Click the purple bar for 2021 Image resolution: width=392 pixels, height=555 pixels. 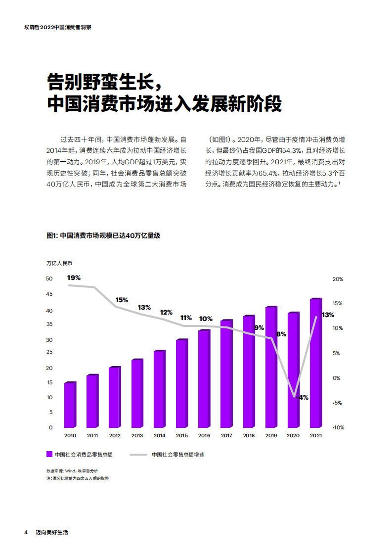pos(315,364)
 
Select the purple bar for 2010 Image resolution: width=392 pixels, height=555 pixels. pos(70,406)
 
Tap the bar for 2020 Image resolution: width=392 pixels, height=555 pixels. pos(293,370)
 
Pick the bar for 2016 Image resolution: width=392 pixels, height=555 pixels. pos(204,379)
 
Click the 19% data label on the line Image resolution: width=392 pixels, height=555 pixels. pos(74,277)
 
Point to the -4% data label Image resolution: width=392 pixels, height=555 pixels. pos(302,397)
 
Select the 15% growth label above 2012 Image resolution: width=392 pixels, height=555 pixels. pos(122,300)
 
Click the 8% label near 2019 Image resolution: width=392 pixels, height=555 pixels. pos(281,334)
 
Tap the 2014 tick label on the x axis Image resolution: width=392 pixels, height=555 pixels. pos(159,435)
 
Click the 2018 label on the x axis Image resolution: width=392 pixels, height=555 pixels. pos(249,435)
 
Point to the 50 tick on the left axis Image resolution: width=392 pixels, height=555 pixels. pos(49,279)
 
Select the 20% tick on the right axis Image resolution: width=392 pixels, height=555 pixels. pos(338,279)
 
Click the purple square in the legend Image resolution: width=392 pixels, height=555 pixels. pos(49,454)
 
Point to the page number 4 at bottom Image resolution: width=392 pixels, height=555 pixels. pos(26,533)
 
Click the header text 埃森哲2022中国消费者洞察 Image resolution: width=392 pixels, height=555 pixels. pos(58,28)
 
